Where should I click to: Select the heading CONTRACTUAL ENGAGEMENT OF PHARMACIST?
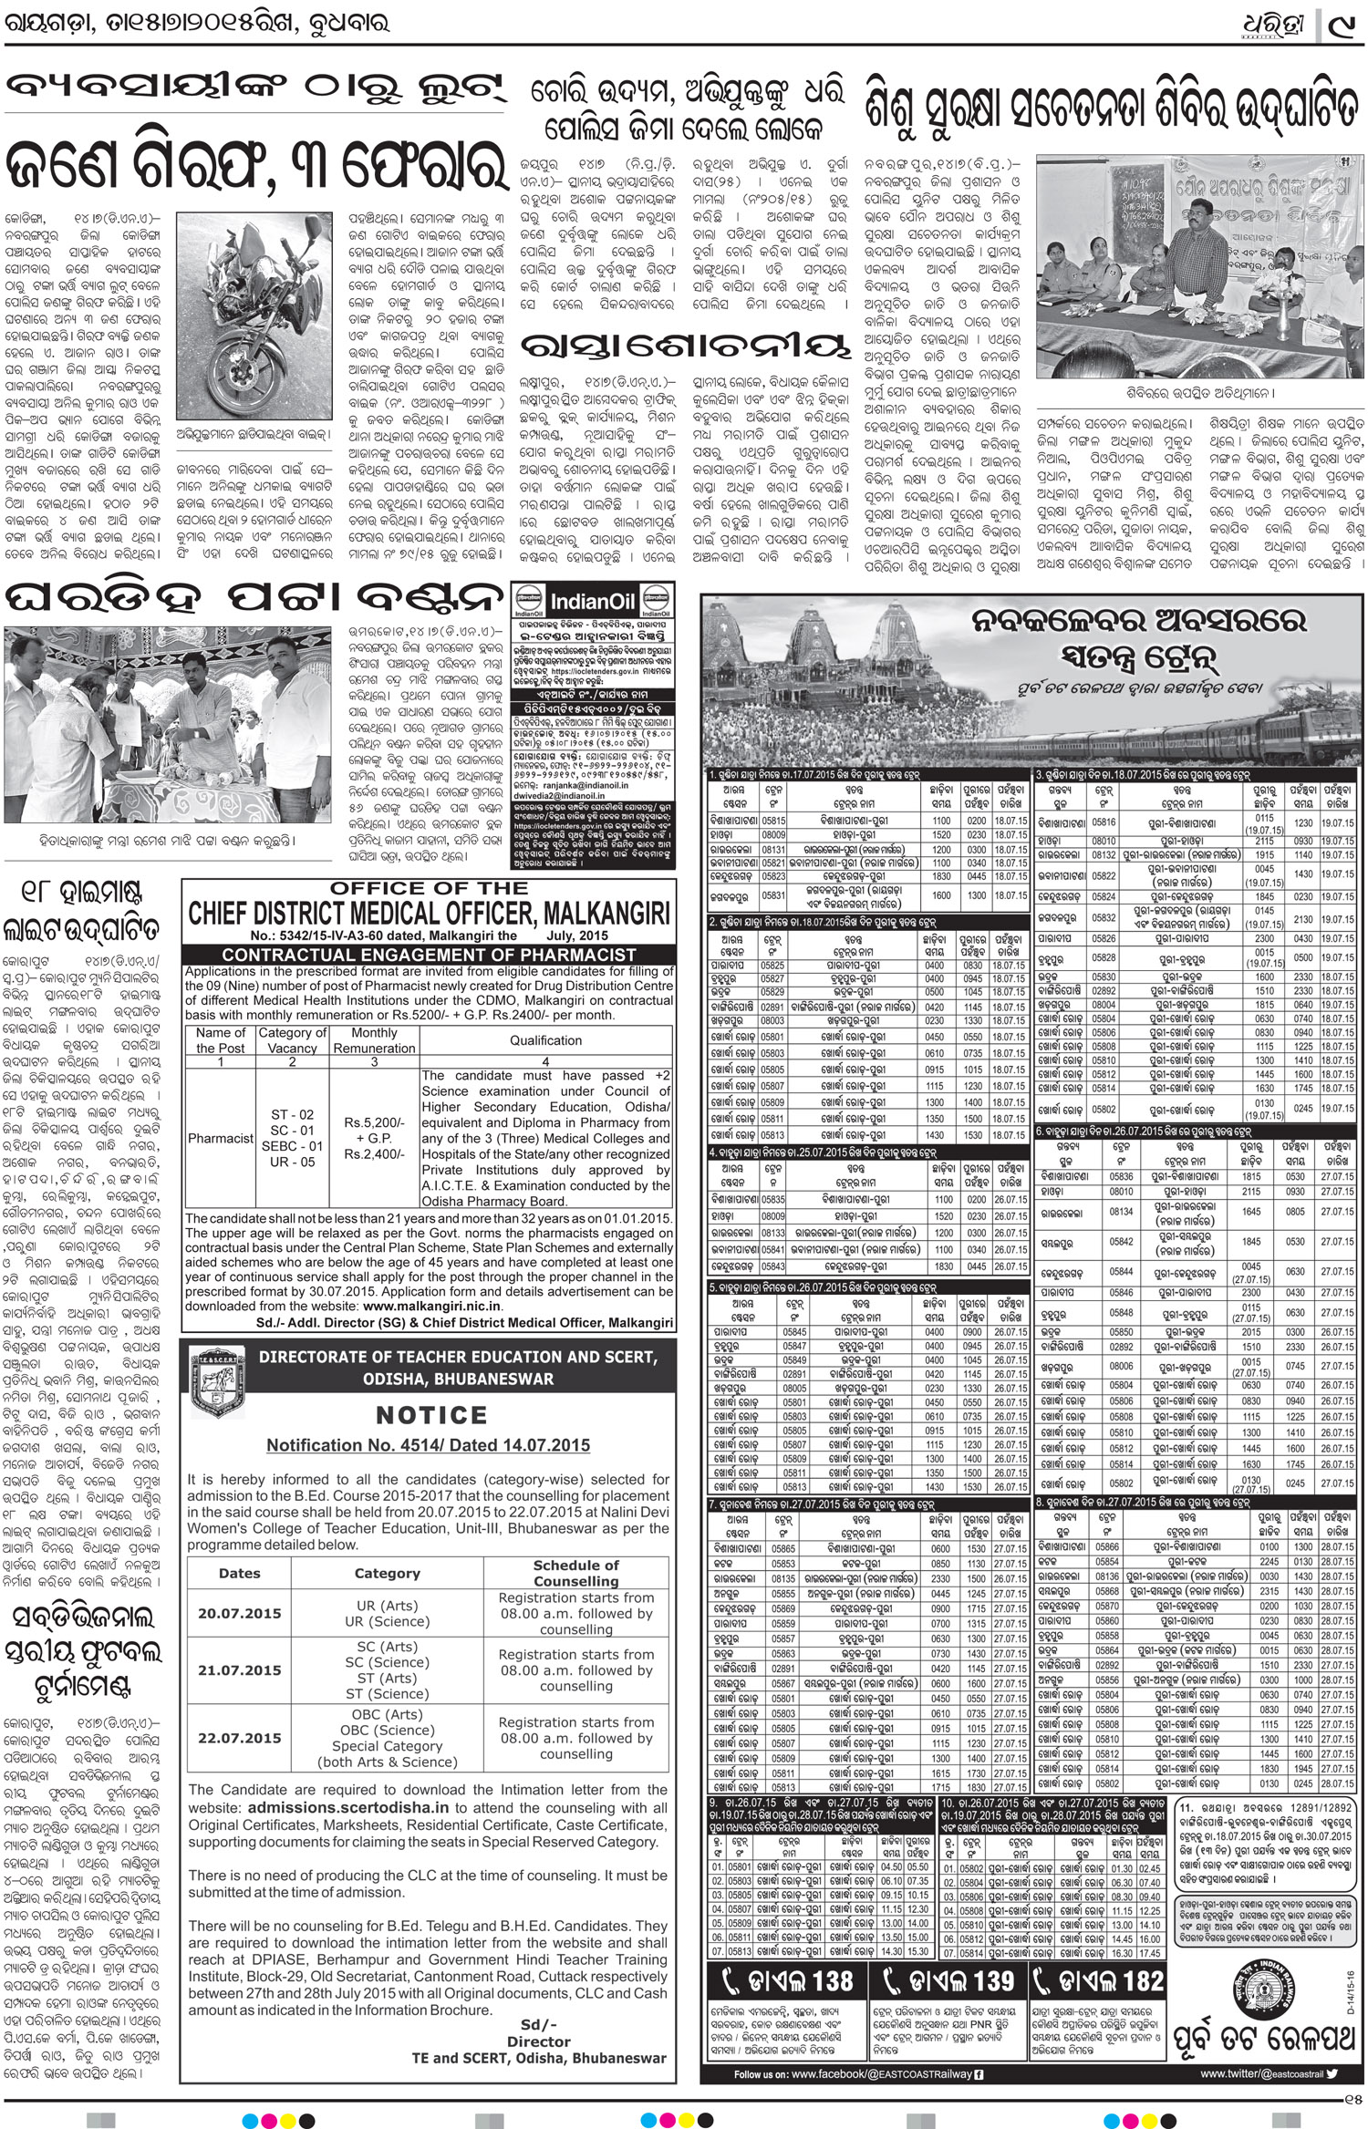point(429,955)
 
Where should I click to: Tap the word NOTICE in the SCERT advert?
point(431,1415)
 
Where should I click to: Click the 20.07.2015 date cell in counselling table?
point(240,1613)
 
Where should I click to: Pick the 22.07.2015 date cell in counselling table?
point(240,1738)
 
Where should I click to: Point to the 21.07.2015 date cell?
point(240,1670)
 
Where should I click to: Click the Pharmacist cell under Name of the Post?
point(221,1138)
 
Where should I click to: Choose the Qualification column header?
point(545,1040)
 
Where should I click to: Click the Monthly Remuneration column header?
point(374,1040)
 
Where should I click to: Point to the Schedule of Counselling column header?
point(575,1573)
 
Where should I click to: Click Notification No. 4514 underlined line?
point(428,1445)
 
